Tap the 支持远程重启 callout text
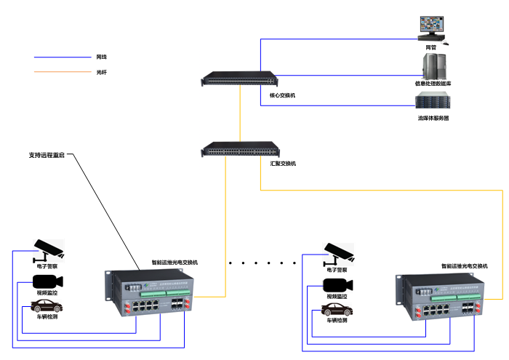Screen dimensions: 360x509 (x=47, y=155)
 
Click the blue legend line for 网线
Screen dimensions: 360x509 (x=61, y=57)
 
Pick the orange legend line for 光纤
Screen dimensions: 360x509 (x=61, y=72)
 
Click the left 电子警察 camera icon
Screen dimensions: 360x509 (x=48, y=249)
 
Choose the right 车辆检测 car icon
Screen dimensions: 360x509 (x=337, y=309)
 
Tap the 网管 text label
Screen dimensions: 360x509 (x=431, y=47)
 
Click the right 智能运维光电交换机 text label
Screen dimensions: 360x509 (x=465, y=267)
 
